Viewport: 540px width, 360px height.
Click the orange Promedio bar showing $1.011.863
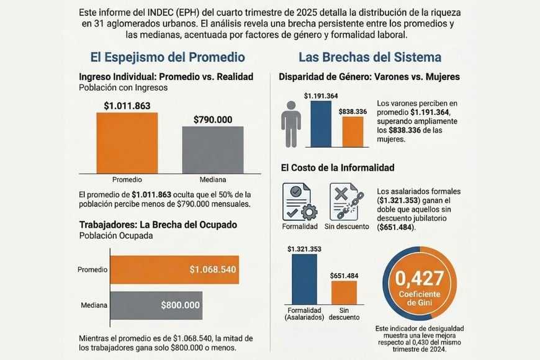(127, 142)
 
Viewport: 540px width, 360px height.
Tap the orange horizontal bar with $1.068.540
(174, 269)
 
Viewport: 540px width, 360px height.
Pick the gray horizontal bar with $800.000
(156, 305)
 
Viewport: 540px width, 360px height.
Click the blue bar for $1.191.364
(321, 124)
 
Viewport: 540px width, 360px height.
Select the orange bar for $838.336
(353, 132)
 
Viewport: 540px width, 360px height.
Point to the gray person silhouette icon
(290, 124)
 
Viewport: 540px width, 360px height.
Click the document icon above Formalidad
(299, 201)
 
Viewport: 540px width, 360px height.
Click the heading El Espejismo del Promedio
(168, 57)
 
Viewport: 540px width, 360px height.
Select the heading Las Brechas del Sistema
(370, 57)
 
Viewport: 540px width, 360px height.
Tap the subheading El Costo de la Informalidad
(337, 168)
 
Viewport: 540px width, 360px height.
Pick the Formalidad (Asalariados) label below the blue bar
(304, 313)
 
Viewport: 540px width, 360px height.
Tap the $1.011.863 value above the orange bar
(127, 106)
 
